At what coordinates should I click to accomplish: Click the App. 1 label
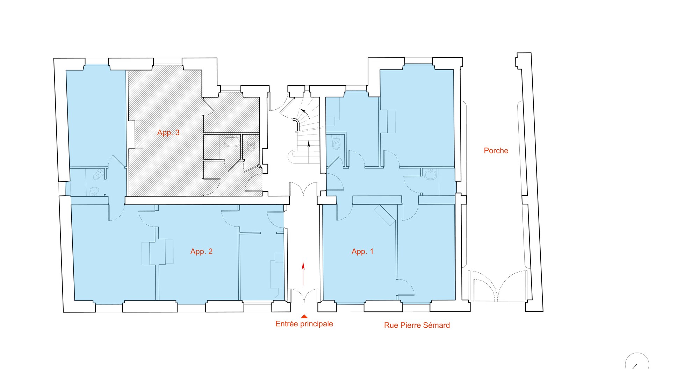click(x=362, y=251)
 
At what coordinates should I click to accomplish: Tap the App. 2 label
click(x=201, y=251)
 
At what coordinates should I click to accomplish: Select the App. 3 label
click(x=168, y=132)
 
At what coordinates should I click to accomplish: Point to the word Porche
click(x=496, y=151)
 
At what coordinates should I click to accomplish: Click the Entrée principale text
click(x=304, y=324)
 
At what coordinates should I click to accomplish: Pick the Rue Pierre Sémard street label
click(x=417, y=325)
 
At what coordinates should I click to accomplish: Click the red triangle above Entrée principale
click(x=304, y=316)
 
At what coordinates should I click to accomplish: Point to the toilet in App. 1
click(x=336, y=143)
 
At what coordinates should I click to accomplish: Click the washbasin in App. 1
click(x=431, y=174)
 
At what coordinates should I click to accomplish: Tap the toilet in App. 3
click(x=251, y=144)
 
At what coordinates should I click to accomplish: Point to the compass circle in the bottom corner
click(x=637, y=361)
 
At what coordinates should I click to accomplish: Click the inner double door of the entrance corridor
click(x=303, y=189)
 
